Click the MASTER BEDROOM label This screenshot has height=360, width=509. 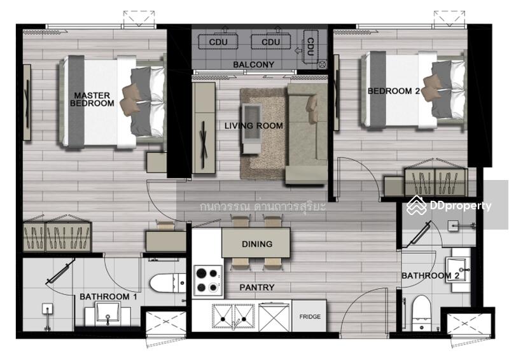pyautogui.click(x=92, y=99)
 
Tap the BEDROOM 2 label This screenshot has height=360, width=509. pyautogui.click(x=393, y=91)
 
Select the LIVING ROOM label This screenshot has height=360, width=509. pyautogui.click(x=253, y=126)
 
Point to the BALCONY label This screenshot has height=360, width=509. pyautogui.click(x=253, y=65)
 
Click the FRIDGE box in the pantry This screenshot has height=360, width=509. pyautogui.click(x=309, y=316)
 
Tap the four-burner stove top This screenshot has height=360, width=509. pyautogui.click(x=208, y=280)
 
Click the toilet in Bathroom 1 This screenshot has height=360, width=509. pyautogui.click(x=167, y=283)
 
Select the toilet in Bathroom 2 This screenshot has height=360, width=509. pyautogui.click(x=421, y=312)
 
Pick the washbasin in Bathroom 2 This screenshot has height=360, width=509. pyautogui.click(x=457, y=270)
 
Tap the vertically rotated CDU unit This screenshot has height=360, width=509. pyautogui.click(x=310, y=46)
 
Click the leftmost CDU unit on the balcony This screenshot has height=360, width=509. pyautogui.click(x=218, y=41)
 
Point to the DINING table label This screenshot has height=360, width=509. pyautogui.click(x=257, y=244)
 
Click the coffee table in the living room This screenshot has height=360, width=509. pyautogui.click(x=251, y=128)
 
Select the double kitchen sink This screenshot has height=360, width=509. pyautogui.click(x=233, y=315)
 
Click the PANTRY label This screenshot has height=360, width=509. pyautogui.click(x=257, y=287)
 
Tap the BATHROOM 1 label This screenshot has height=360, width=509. pyautogui.click(x=108, y=296)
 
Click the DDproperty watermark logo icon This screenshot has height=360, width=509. pyautogui.click(x=417, y=205)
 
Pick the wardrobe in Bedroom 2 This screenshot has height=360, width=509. pyautogui.click(x=436, y=182)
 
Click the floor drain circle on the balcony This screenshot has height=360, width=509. pyautogui.click(x=323, y=64)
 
